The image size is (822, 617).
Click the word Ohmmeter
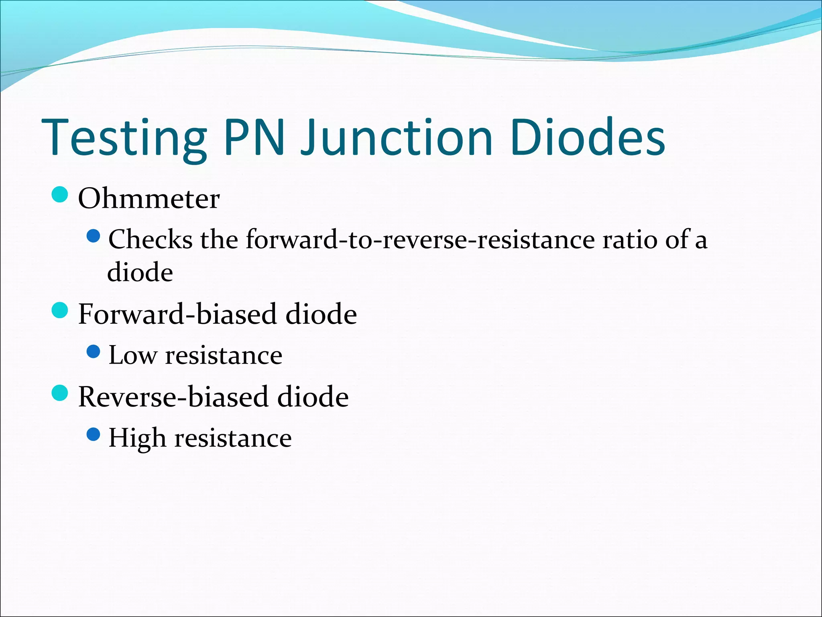coord(149,198)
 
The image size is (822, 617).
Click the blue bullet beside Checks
coord(93,236)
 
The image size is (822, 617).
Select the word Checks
coord(151,239)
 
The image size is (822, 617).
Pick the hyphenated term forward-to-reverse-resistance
coord(420,239)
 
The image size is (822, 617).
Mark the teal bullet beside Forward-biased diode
coord(60,310)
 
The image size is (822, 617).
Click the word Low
coord(132,355)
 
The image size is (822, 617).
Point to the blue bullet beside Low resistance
coord(93,352)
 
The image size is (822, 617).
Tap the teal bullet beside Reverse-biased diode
coord(60,393)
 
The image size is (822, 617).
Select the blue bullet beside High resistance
coord(93,435)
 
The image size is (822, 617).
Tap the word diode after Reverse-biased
coord(313,397)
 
